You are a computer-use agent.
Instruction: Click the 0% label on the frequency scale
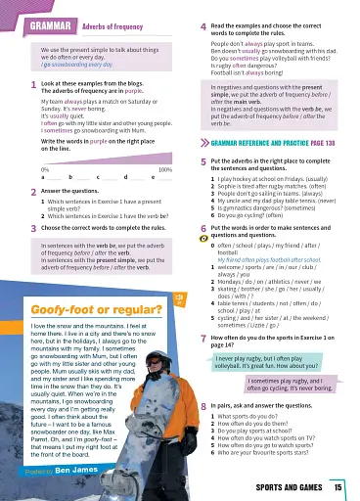pos(46,170)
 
